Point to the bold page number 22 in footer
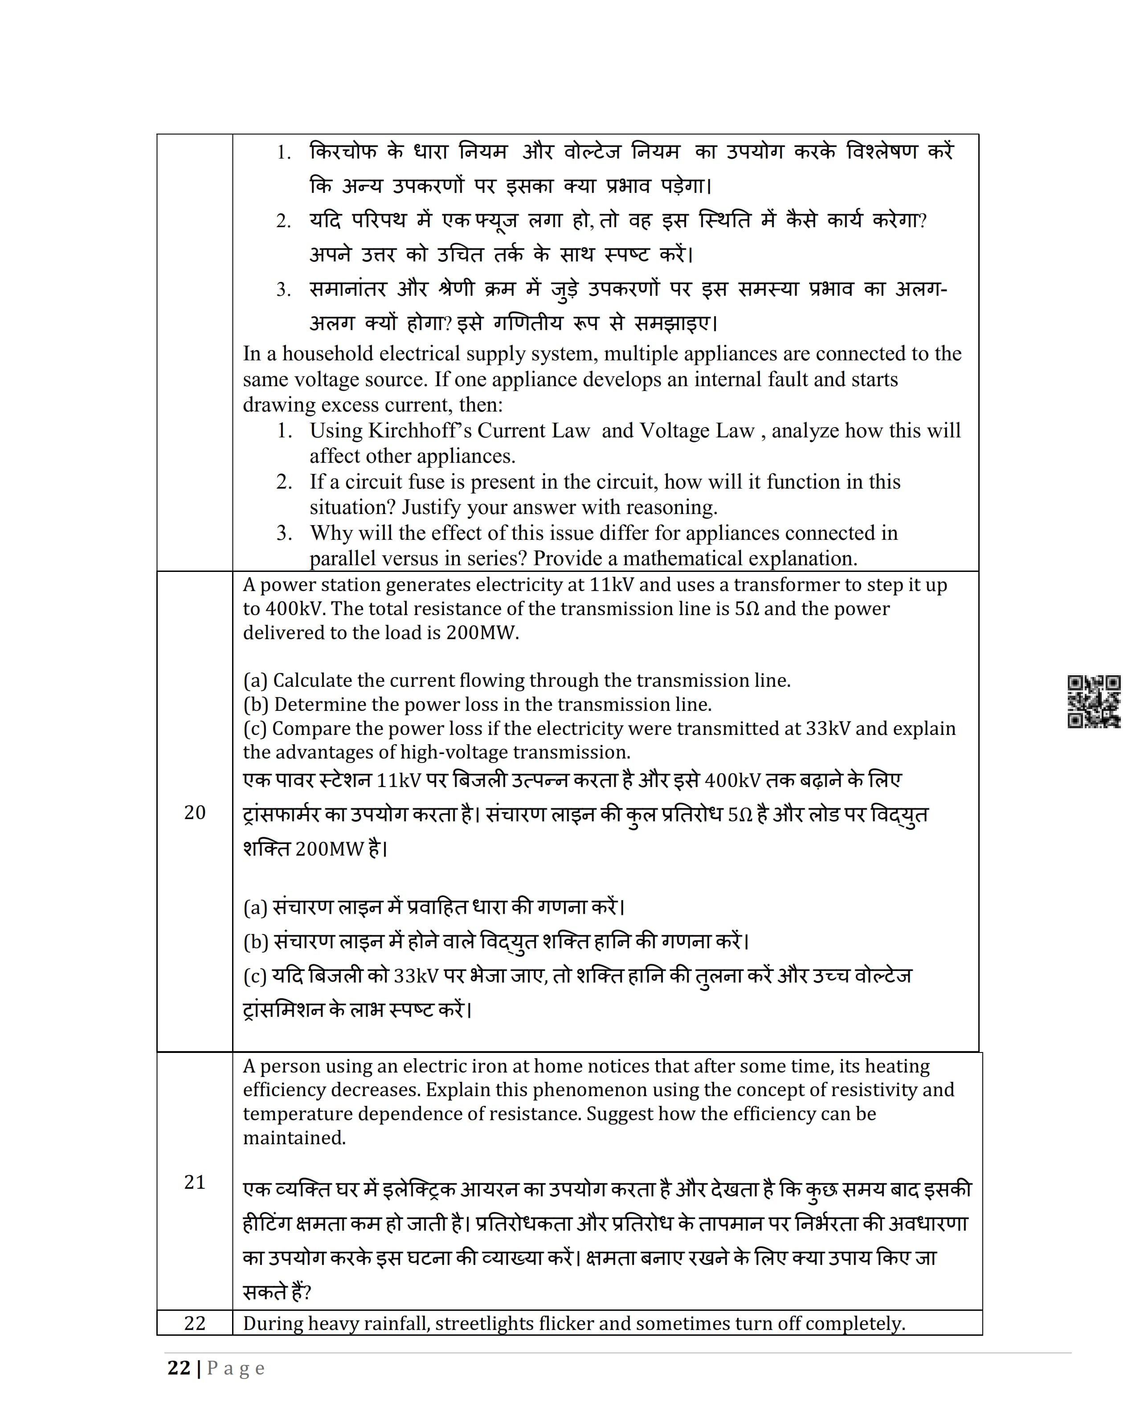179,1368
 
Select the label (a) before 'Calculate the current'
255,681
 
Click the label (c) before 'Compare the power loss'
255,729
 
